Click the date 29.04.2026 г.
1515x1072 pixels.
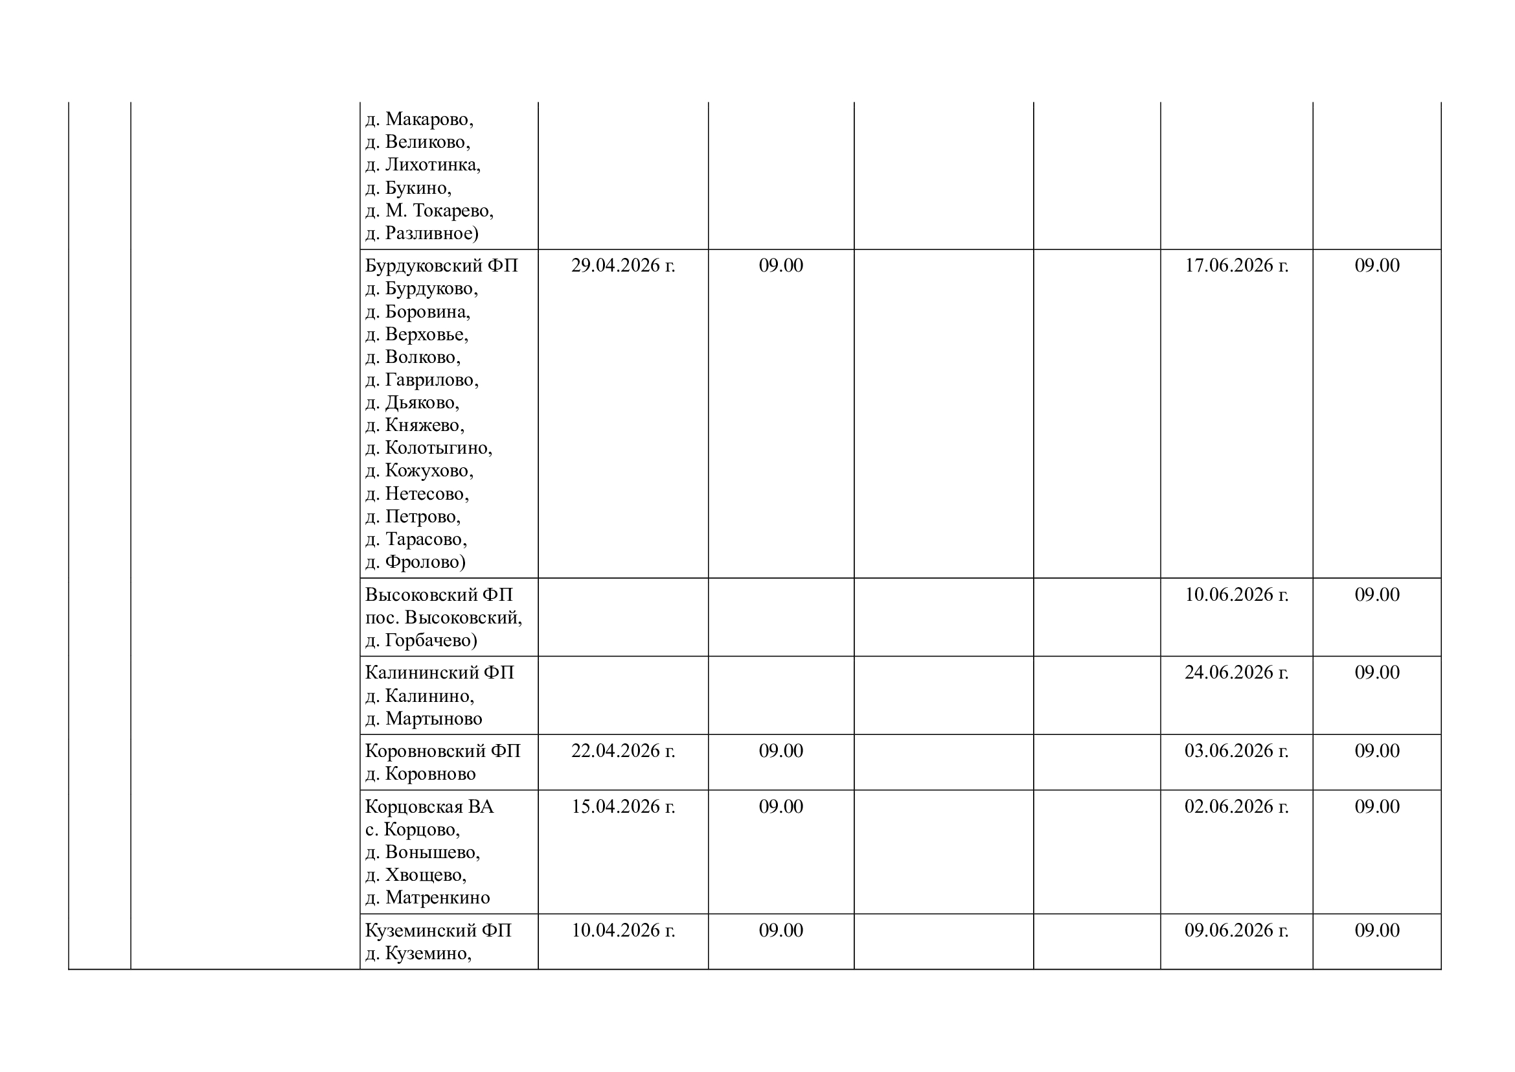(x=623, y=265)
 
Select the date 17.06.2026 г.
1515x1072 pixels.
(x=1236, y=265)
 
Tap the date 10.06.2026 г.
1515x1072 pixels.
(x=1236, y=595)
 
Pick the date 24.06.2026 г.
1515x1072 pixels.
(x=1236, y=673)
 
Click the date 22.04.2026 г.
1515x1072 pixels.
(x=623, y=751)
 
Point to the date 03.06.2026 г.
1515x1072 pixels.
(x=1236, y=751)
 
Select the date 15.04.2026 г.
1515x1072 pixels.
(x=623, y=807)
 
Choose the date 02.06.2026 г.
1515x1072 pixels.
(x=1236, y=807)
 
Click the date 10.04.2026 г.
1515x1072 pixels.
(x=623, y=931)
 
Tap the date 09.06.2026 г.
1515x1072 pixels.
(x=1236, y=931)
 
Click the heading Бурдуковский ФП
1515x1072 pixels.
(x=442, y=266)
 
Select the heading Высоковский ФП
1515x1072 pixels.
(x=439, y=596)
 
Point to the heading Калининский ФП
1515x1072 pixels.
(x=439, y=673)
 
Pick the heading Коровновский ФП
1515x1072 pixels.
(x=443, y=752)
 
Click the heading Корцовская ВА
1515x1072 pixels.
(x=429, y=808)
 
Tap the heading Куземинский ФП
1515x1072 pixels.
(x=438, y=931)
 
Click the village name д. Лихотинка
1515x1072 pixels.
(x=423, y=165)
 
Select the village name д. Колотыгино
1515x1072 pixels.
(x=429, y=449)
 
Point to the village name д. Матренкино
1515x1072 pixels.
(x=427, y=898)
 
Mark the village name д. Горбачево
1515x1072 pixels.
(x=421, y=641)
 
